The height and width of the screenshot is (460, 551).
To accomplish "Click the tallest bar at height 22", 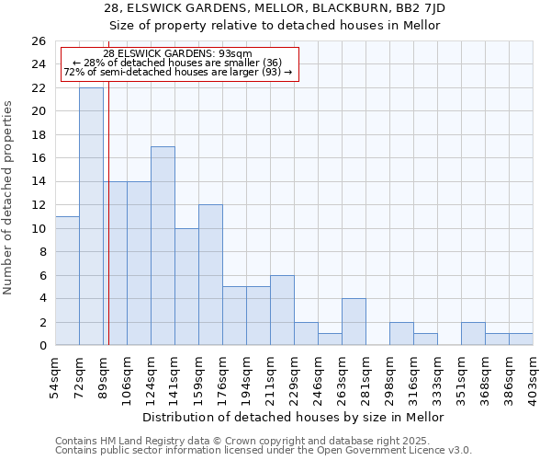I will click(91, 216).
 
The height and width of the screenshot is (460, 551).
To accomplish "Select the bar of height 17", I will click(163, 246).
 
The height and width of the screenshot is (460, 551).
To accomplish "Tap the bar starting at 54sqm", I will click(67, 281).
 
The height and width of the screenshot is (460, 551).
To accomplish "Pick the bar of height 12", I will click(210, 274).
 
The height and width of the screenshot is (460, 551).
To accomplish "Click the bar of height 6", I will click(282, 310).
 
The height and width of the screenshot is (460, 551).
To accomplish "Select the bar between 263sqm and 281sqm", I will click(354, 322).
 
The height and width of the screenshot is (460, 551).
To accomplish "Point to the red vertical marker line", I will click(108, 212).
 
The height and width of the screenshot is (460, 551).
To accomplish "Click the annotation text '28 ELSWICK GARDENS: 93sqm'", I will click(177, 54).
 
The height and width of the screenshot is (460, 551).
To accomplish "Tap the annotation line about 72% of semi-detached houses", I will click(177, 72).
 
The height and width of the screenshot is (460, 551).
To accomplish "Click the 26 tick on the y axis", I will click(39, 41).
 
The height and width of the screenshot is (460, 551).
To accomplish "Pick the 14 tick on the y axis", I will click(39, 182).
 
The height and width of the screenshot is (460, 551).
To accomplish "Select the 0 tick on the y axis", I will click(42, 346).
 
